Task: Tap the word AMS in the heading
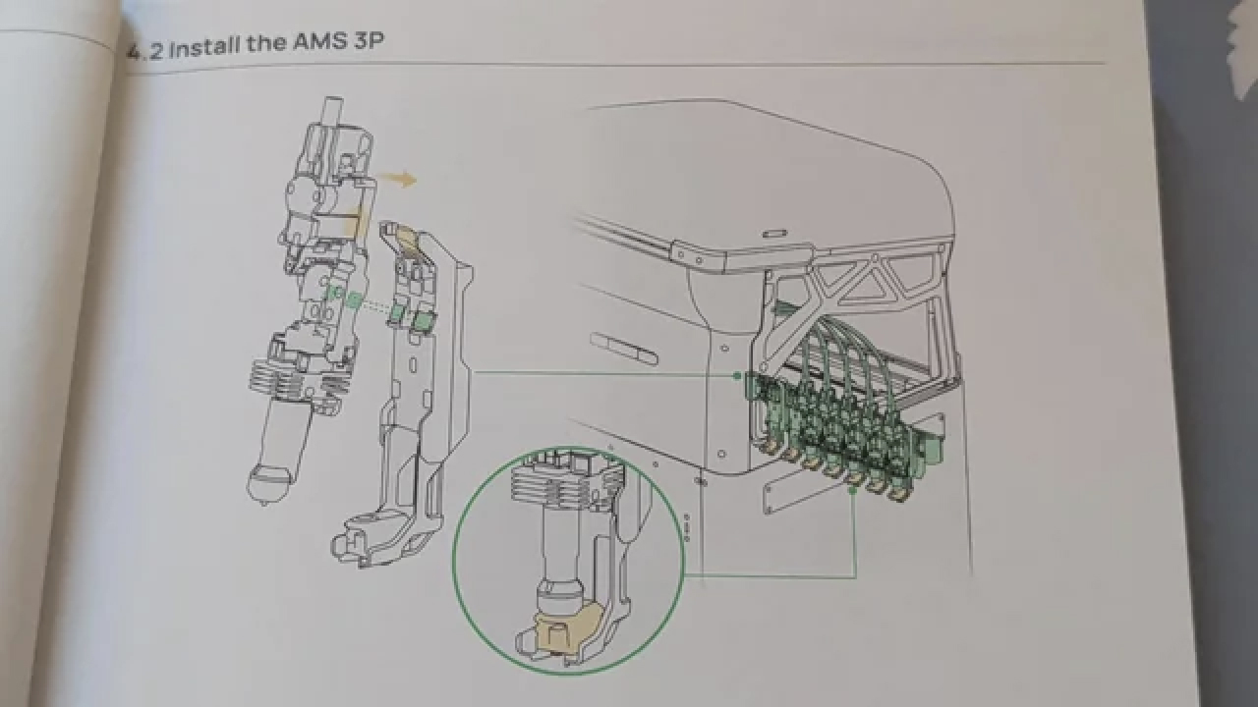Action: (319, 42)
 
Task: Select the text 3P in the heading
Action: (369, 41)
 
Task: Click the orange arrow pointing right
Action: (399, 180)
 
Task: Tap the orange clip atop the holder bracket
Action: (409, 238)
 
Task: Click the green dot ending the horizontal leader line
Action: (737, 375)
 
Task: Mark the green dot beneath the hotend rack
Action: (852, 490)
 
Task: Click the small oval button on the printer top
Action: (773, 231)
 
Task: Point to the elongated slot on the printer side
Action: (624, 348)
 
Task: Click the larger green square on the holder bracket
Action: (426, 321)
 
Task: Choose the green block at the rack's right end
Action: (931, 452)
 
